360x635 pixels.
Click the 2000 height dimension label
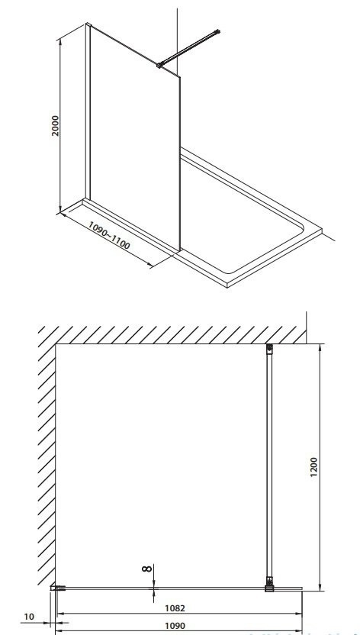(x=55, y=127)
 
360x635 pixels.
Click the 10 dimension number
(x=28, y=615)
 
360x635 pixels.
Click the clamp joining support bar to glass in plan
(x=269, y=586)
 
